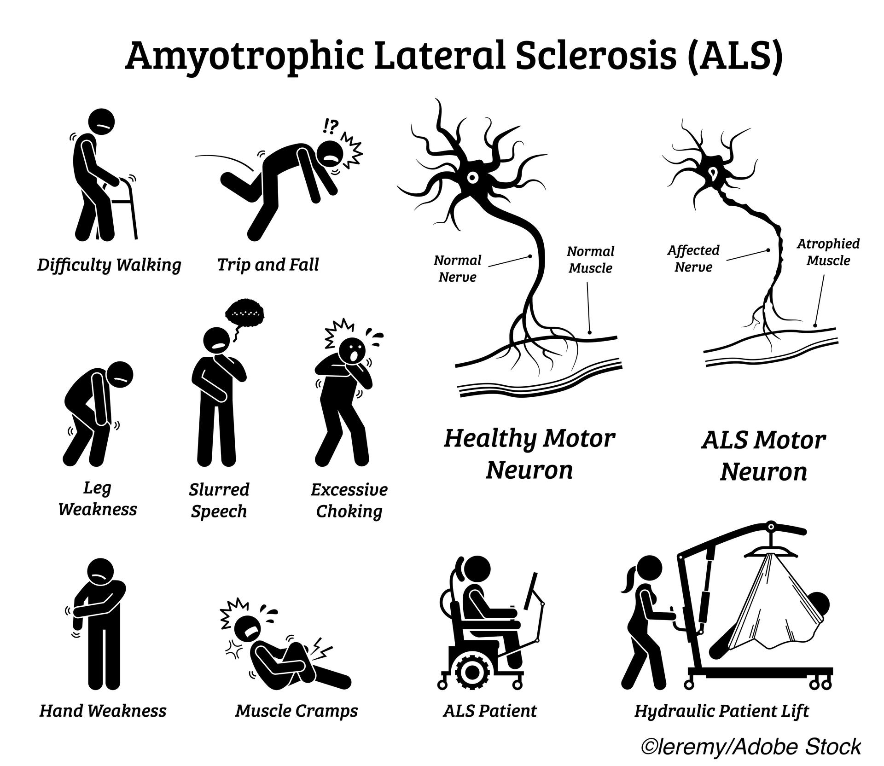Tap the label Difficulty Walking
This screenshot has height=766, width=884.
point(109,265)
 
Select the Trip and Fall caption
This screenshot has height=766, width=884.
point(268,265)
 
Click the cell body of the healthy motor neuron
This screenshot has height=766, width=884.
point(472,177)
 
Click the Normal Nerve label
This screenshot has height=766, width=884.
point(457,269)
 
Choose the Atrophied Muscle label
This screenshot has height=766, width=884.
point(828,252)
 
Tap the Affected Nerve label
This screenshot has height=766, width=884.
point(693,259)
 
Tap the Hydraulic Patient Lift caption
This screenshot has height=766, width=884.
point(721,711)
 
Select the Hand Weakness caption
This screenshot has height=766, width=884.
point(103,711)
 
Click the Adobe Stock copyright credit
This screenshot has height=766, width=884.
point(751,747)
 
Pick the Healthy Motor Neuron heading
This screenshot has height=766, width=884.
point(529,454)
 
